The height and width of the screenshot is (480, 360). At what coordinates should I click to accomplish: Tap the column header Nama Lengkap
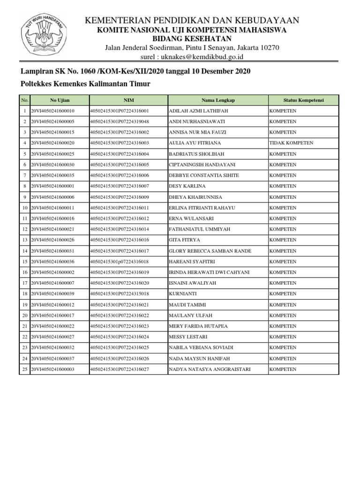[x=218, y=100]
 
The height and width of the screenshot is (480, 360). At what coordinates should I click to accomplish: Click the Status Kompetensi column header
[x=303, y=100]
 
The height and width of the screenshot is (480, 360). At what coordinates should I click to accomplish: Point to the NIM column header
[x=128, y=100]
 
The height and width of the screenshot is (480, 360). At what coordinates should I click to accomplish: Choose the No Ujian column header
[x=60, y=100]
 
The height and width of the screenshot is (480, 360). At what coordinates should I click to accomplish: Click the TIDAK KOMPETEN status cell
[x=291, y=143]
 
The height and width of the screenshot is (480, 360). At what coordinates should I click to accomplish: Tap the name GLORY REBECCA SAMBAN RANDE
[x=210, y=251]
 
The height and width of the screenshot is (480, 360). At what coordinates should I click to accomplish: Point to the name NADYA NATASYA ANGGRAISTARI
[x=209, y=369]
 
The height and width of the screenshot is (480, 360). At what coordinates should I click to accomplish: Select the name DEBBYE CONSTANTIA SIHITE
[x=203, y=175]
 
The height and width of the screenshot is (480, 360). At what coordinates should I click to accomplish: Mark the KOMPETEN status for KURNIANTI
[x=283, y=294]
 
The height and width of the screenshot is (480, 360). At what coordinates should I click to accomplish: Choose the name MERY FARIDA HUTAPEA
[x=197, y=326]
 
